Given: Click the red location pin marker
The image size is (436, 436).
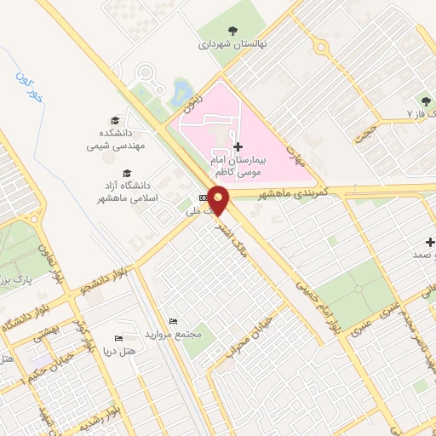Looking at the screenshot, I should tap(220, 201).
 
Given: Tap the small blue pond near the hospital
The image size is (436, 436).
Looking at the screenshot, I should tap(181, 89).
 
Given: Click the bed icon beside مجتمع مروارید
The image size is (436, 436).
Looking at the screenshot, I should tap(173, 321).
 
